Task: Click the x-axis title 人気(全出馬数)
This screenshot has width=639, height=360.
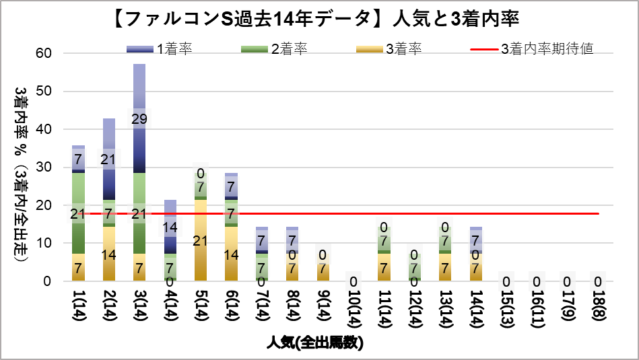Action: pyautogui.click(x=314, y=343)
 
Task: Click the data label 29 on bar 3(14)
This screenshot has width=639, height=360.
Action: pyautogui.click(x=139, y=118)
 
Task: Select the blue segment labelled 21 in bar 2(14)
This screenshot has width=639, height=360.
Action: pyautogui.click(x=109, y=159)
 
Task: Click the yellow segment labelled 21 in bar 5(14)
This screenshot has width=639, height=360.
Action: pyautogui.click(x=200, y=240)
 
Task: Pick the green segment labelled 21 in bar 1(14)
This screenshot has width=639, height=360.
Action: pyautogui.click(x=79, y=214)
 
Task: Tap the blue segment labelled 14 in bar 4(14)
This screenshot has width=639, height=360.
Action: pyautogui.click(x=170, y=227)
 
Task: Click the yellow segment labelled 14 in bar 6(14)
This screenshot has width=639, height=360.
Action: pyautogui.click(x=231, y=254)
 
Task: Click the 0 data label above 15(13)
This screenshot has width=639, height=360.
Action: pyautogui.click(x=506, y=281)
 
